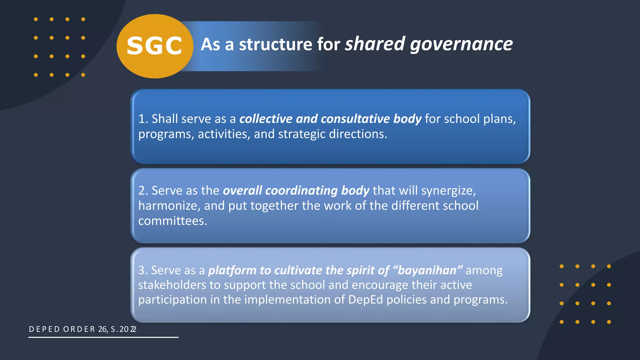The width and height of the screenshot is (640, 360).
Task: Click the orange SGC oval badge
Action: pyautogui.click(x=155, y=46)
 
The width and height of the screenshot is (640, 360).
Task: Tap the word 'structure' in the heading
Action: pyautogui.click(x=275, y=44)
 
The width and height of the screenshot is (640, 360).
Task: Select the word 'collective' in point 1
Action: pyautogui.click(x=266, y=119)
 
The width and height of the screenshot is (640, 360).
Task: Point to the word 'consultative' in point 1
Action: pyautogui.click(x=355, y=119)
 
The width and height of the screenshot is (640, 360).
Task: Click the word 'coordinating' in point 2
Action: pyautogui.click(x=302, y=191)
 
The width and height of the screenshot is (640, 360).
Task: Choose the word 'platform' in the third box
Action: pyautogui.click(x=232, y=270)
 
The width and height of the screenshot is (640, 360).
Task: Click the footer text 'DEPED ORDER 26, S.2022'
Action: pyautogui.click(x=82, y=329)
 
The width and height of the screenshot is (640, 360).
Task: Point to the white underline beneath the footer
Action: pyautogui.click(x=103, y=337)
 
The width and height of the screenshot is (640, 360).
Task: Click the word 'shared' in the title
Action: pyautogui.click(x=375, y=44)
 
